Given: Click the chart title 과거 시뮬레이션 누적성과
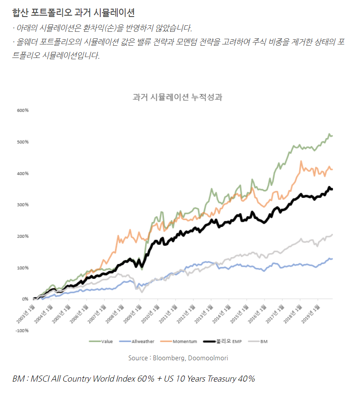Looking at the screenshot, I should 178,97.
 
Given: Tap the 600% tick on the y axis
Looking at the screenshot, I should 23,110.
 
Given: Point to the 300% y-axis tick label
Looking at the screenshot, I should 23,205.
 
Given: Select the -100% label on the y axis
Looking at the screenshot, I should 22,331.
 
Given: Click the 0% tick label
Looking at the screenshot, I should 25,299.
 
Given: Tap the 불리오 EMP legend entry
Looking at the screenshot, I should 229,341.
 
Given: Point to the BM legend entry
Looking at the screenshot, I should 264,341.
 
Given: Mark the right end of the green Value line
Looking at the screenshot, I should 332,136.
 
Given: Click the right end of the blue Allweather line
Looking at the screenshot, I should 332,259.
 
